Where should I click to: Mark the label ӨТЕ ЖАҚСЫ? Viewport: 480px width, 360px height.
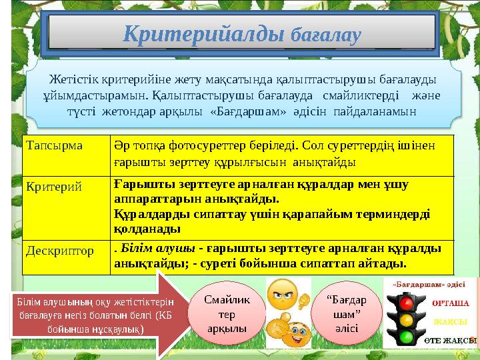pyautogui.click(x=451, y=339)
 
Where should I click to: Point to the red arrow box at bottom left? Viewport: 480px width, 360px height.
pyautogui.click(x=83, y=316)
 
